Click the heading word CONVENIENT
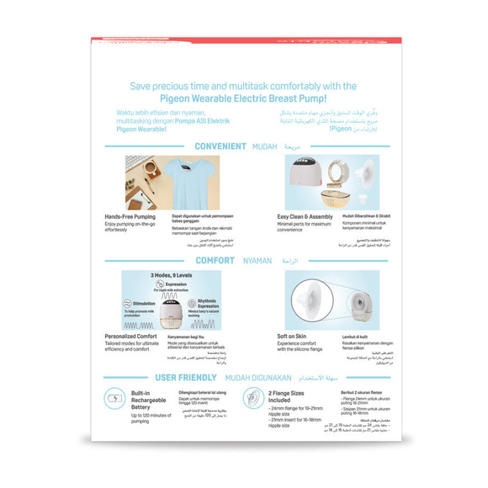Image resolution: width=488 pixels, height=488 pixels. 220,146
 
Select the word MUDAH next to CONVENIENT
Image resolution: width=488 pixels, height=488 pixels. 264,146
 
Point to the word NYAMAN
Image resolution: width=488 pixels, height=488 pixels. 257,261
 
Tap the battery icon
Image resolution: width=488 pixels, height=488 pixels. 115,398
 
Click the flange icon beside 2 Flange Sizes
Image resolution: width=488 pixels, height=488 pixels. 250,398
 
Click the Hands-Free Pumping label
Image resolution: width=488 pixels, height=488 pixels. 130,216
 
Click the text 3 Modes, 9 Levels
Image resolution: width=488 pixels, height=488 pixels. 171,275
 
